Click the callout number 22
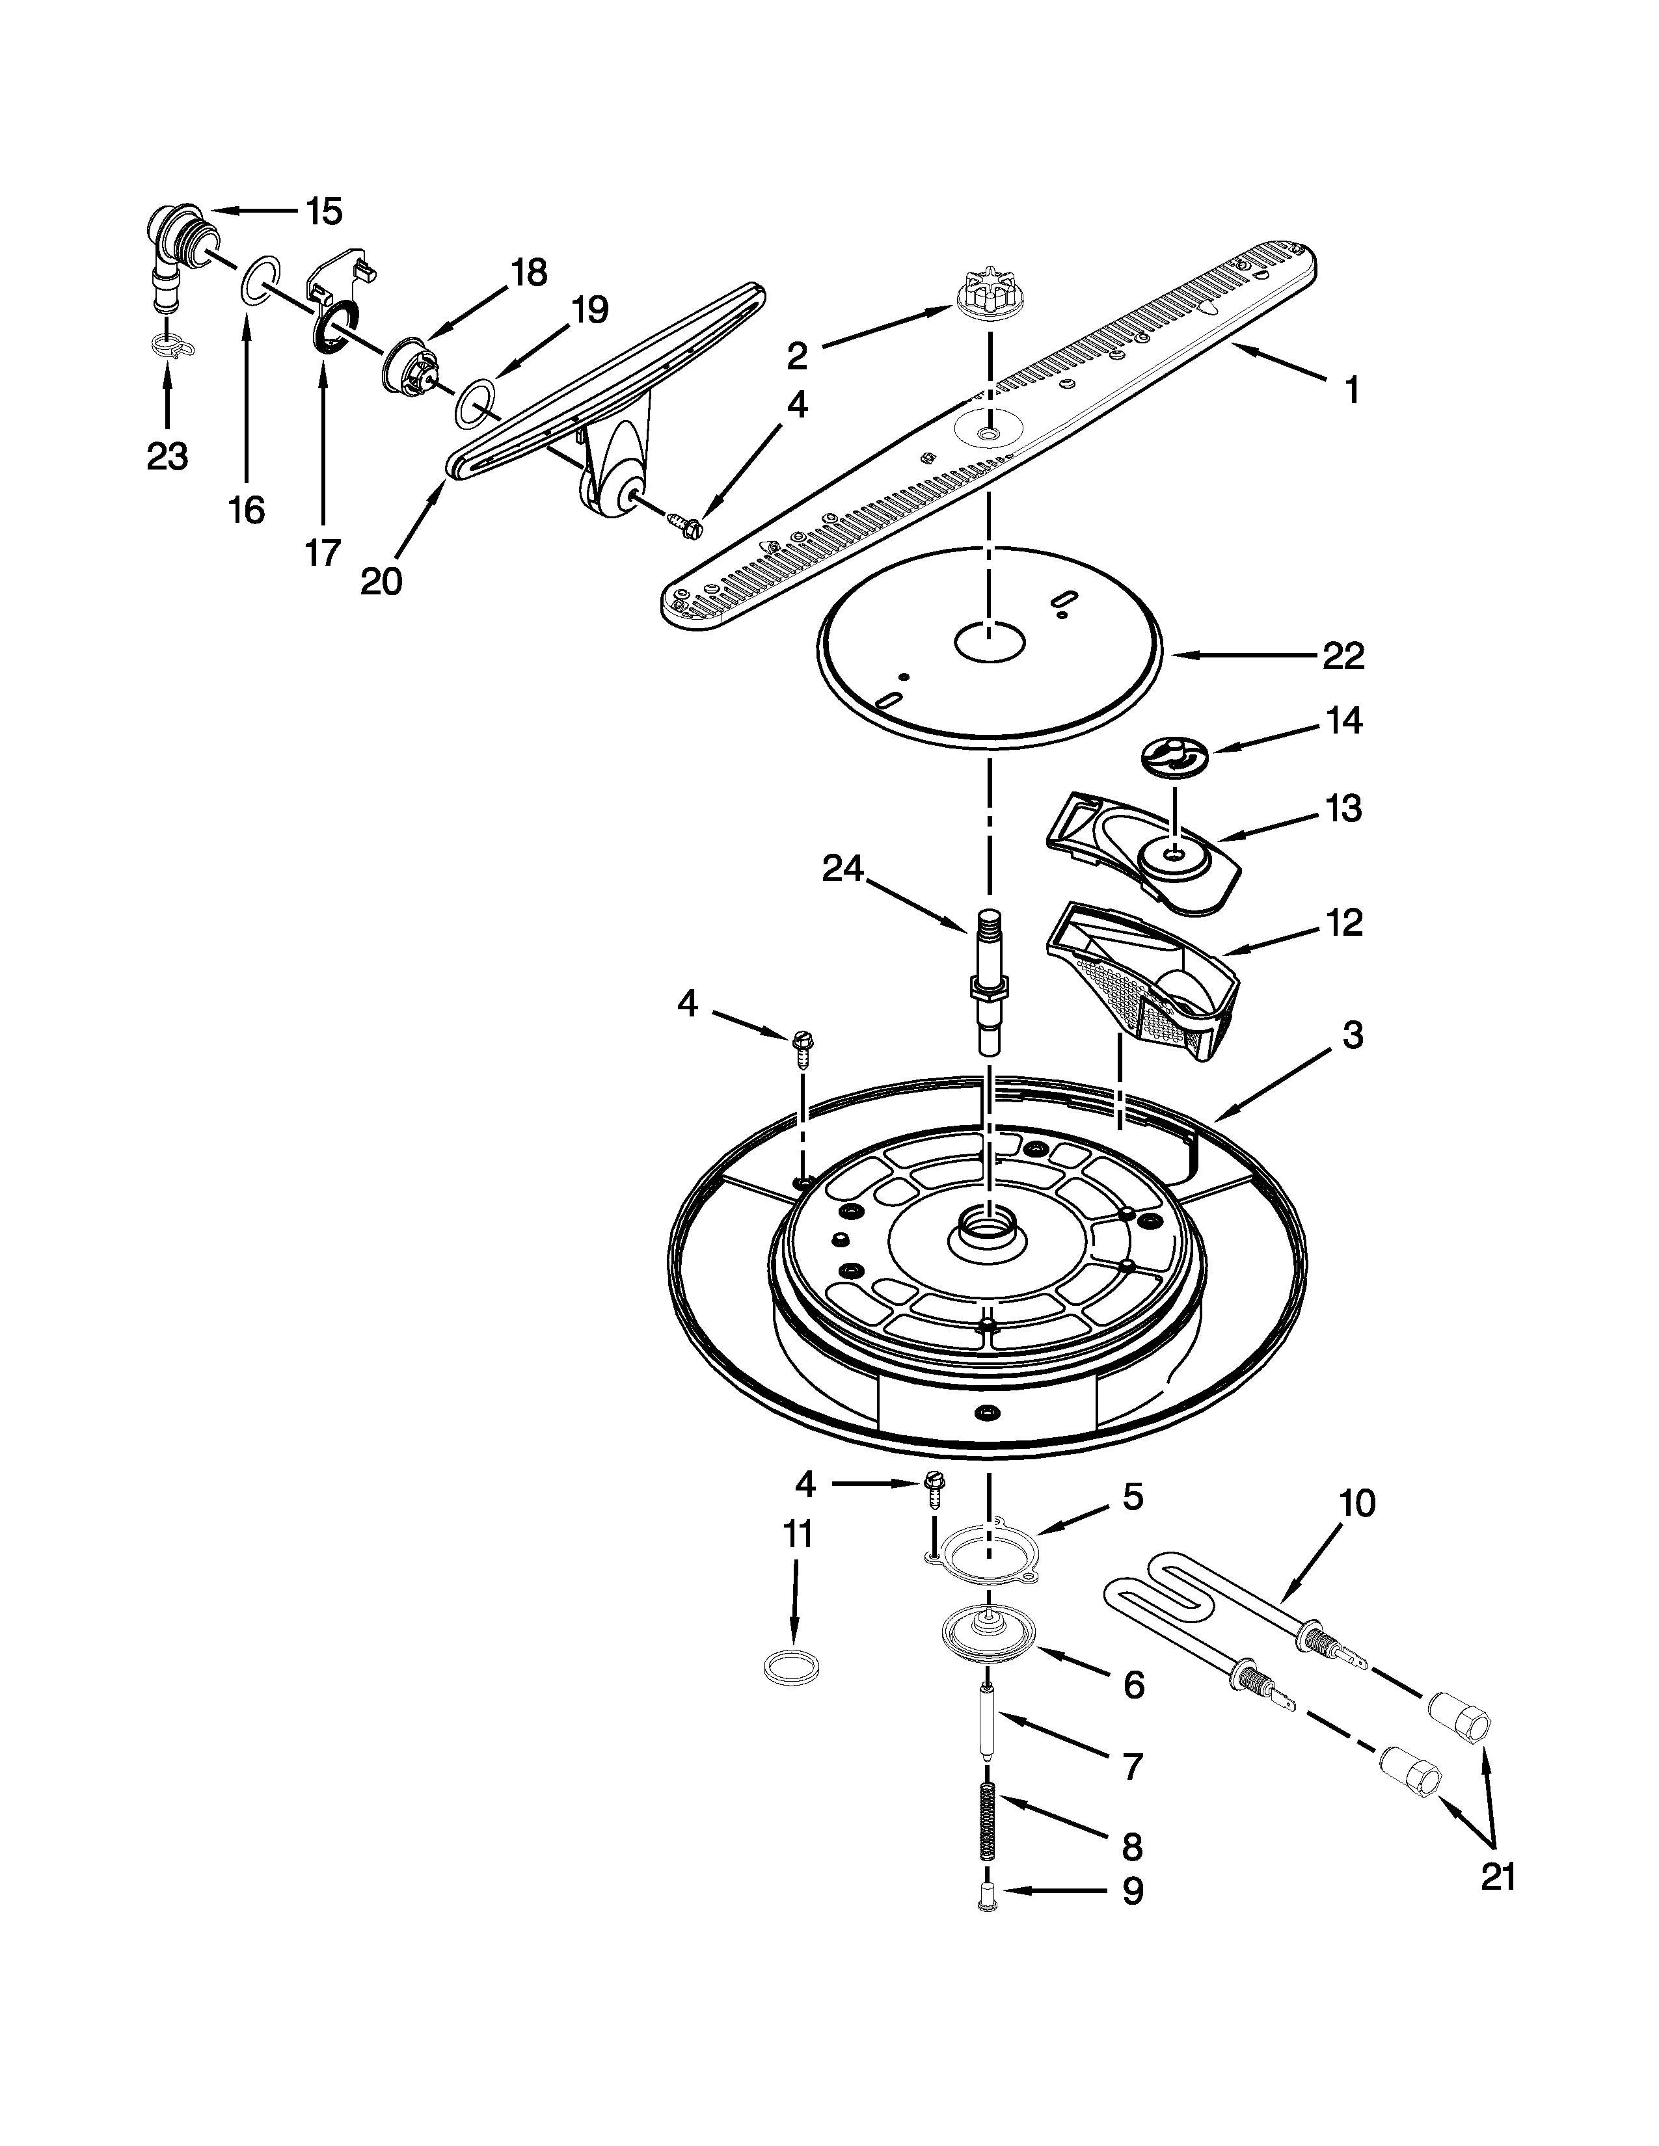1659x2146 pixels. click(1343, 656)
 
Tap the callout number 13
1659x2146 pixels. click(1343, 809)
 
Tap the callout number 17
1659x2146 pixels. click(322, 553)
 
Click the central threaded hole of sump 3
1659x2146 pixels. click(987, 1228)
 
